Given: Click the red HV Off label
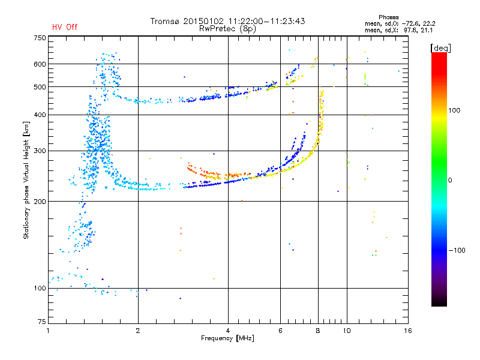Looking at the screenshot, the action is click(65, 27).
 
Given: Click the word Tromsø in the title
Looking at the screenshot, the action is click(166, 21).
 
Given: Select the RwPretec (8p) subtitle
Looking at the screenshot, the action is click(227, 29).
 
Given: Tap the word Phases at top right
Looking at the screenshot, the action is click(388, 17).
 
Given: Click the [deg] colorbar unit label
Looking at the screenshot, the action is click(440, 48).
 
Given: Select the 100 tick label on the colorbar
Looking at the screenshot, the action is click(454, 110).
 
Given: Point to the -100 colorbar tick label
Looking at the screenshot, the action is click(457, 250).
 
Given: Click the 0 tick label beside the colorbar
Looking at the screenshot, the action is click(450, 181).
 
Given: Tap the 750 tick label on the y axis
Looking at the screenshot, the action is click(40, 38).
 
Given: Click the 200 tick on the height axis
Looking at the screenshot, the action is click(40, 202).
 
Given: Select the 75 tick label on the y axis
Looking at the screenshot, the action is click(42, 322).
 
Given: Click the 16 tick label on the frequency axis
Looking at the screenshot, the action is click(408, 331).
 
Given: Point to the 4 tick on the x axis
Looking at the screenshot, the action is click(228, 331).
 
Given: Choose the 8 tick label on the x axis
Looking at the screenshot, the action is click(318, 331).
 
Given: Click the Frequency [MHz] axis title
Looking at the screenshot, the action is click(227, 338).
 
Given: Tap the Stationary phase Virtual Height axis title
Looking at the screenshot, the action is click(26, 181).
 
